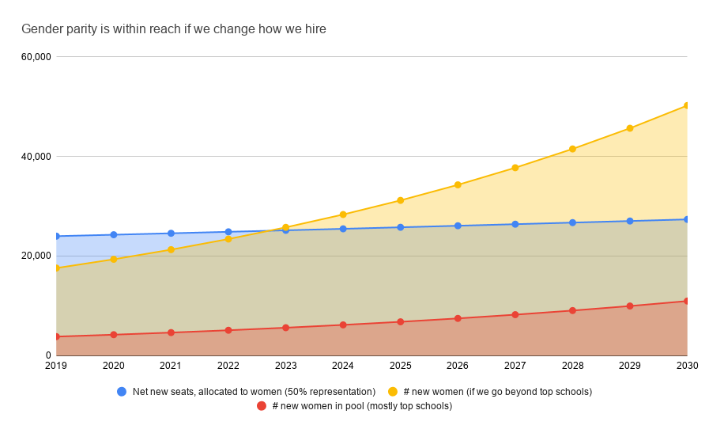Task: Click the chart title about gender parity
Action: [x=174, y=29]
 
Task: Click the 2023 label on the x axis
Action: [x=285, y=366]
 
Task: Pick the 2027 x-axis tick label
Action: [x=515, y=366]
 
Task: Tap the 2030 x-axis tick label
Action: [x=686, y=366]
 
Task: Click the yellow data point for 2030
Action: [x=687, y=105]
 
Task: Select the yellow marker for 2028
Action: [x=572, y=149]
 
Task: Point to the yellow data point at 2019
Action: [x=57, y=268]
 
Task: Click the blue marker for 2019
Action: [x=57, y=236]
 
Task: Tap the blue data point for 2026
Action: [x=458, y=226]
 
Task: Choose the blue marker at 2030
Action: [x=687, y=219]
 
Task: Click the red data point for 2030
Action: [x=687, y=301]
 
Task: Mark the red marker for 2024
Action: [x=343, y=325]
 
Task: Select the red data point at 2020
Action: [x=114, y=335]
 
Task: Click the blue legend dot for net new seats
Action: [x=122, y=391]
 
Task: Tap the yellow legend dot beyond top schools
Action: [x=392, y=391]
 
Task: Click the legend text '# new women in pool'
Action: [x=362, y=406]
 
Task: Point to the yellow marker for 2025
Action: [x=401, y=200]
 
